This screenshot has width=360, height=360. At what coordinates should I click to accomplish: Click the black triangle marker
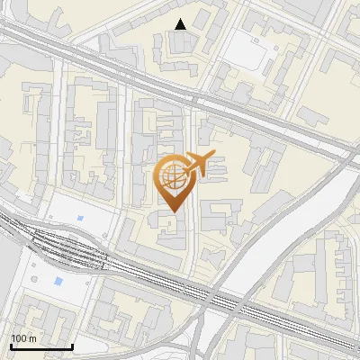181,24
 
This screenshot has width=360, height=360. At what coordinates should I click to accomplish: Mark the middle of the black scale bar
41,346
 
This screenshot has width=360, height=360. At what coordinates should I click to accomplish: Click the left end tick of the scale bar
11,346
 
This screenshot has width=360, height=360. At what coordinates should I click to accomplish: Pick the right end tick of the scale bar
72,346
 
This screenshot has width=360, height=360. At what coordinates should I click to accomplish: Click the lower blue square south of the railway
59,282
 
